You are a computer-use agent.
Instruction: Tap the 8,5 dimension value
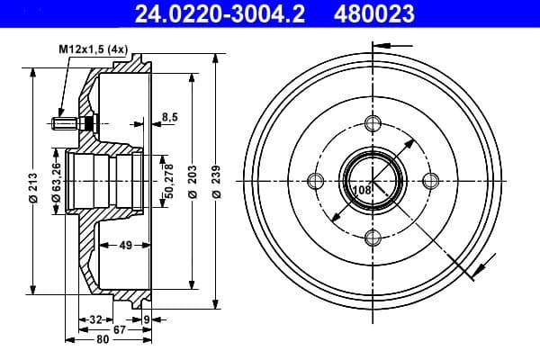(x=169, y=116)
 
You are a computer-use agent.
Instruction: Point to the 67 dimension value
(x=120, y=329)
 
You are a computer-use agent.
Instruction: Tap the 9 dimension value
(x=147, y=319)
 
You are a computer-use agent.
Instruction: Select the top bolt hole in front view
(x=373, y=123)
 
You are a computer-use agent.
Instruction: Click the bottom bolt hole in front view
(x=373, y=238)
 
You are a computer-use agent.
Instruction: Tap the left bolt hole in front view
(x=315, y=180)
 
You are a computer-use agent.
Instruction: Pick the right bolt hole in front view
(x=430, y=180)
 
